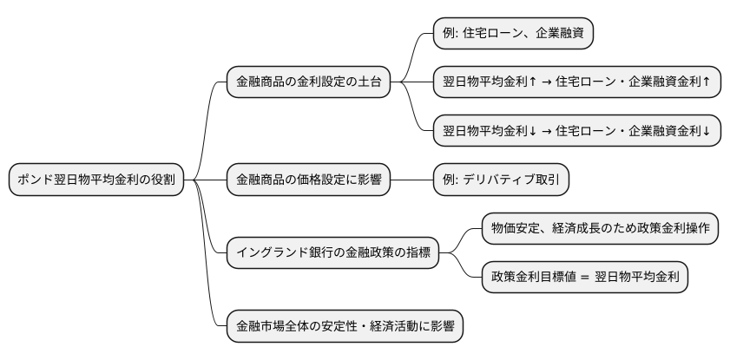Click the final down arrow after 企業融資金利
click(707, 132)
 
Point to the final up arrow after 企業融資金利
click(707, 83)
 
